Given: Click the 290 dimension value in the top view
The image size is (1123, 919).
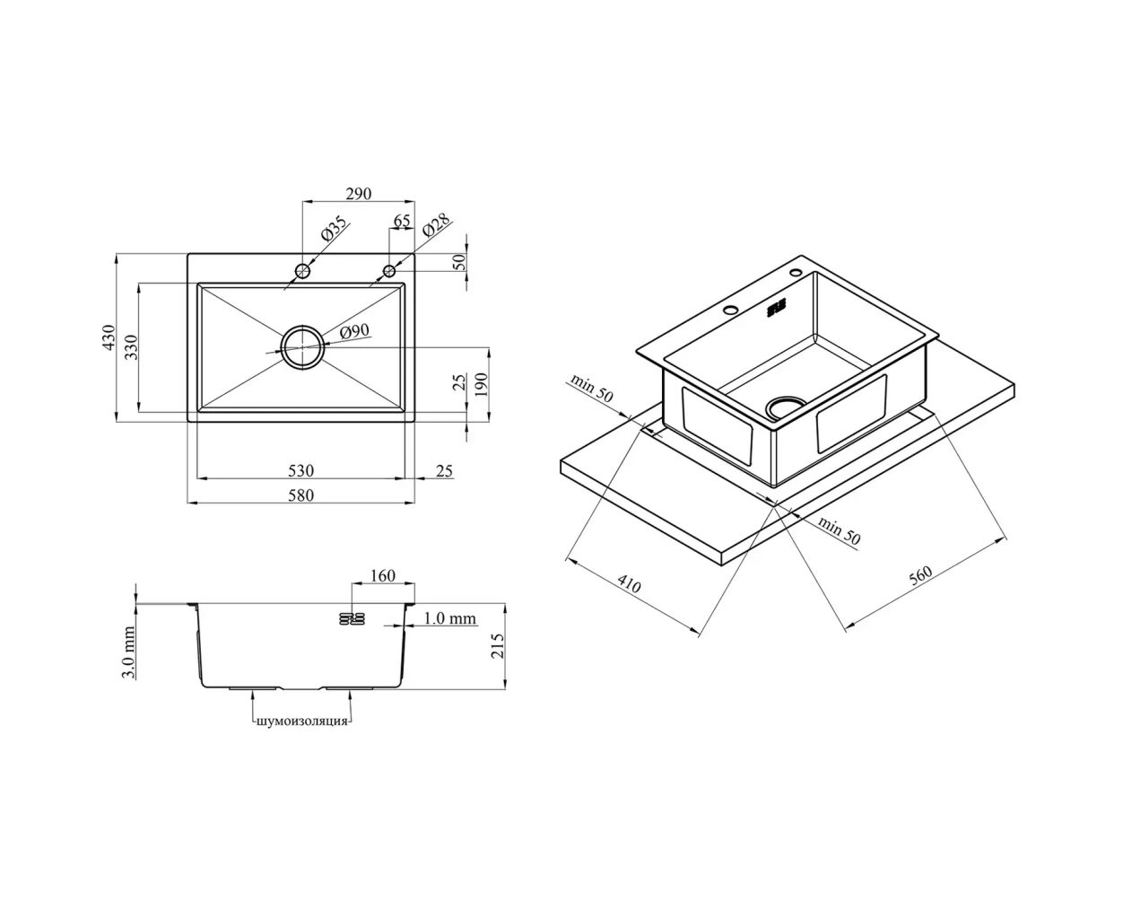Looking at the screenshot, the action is [359, 194].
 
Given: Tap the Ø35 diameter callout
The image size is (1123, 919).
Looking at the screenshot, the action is [334, 229].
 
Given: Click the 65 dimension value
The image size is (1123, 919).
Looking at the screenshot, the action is [402, 221].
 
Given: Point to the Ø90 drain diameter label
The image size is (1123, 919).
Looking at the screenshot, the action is [354, 331].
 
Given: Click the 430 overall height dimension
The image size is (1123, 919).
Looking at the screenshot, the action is [109, 337].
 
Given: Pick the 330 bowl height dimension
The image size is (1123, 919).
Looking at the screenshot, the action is [131, 346].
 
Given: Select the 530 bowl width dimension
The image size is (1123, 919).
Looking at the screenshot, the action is [300, 470].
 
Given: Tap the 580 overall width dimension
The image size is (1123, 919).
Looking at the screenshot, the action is [300, 495].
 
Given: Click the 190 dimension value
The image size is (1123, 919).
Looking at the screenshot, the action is [480, 385].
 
